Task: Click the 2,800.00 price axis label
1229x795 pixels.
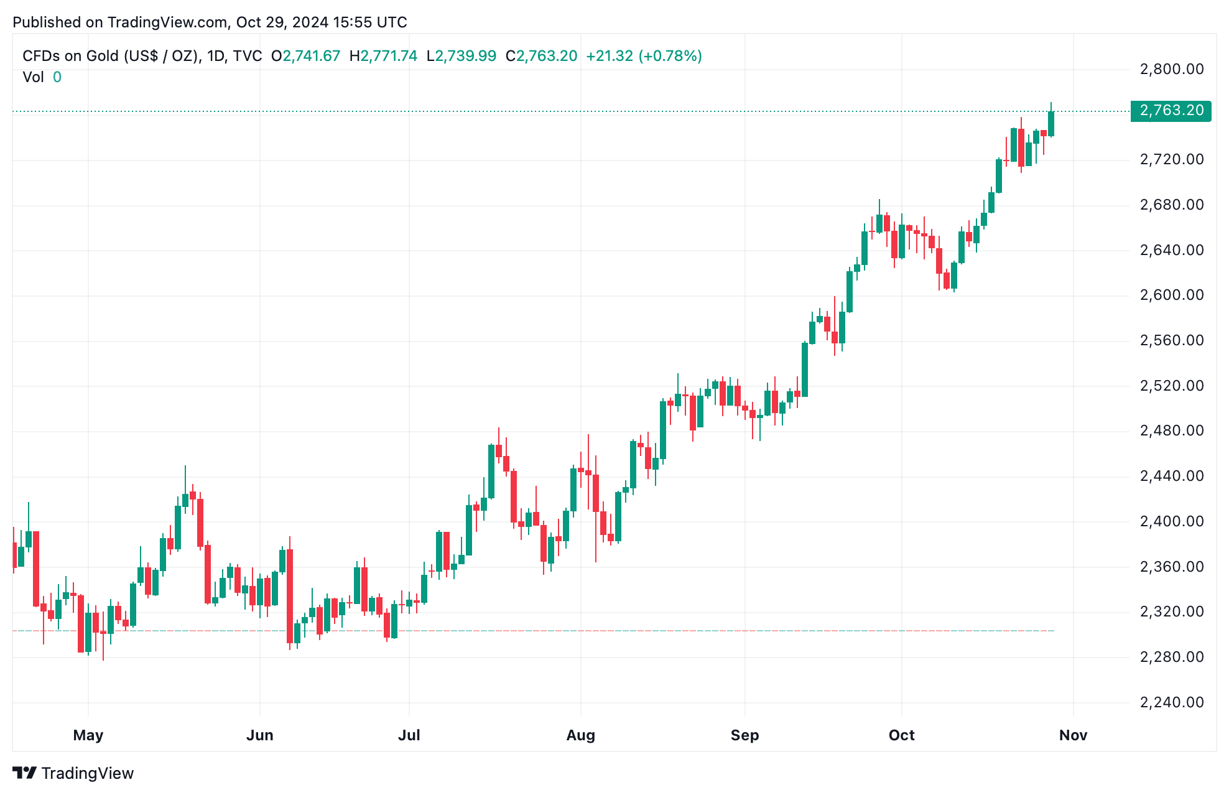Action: point(1171,69)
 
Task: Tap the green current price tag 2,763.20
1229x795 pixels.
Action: point(1171,111)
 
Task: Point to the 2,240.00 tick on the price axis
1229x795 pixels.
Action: point(1171,702)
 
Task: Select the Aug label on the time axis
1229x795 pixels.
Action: point(580,735)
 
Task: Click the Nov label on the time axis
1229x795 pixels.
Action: point(1073,735)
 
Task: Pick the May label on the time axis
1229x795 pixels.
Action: point(88,735)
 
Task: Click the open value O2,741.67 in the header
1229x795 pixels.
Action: point(306,56)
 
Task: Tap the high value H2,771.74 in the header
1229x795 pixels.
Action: point(383,56)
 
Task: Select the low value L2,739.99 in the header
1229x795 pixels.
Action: point(461,56)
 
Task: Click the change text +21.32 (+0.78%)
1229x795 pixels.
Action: point(644,56)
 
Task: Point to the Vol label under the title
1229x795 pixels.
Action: point(33,77)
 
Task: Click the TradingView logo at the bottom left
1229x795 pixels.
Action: point(73,773)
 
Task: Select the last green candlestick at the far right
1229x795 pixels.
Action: point(1051,124)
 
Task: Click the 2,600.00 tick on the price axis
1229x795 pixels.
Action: point(1171,295)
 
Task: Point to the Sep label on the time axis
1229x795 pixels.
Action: point(744,735)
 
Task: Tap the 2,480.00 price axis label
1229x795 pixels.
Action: point(1171,430)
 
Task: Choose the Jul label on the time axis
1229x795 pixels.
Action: point(409,735)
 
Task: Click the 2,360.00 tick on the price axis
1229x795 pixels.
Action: point(1171,567)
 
